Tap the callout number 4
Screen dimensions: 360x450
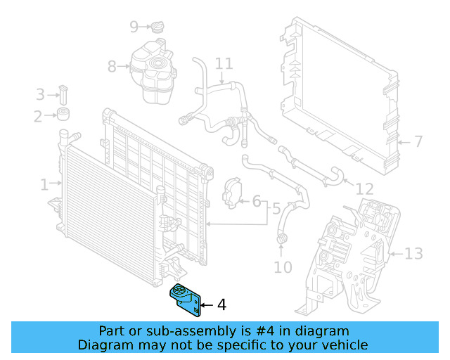point(221,305)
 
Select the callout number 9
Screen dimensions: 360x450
point(134,27)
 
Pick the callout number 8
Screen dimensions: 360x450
point(112,67)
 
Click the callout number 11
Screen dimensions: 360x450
point(224,65)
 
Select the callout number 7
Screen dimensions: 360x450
point(418,142)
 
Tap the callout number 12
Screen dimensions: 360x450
point(364,189)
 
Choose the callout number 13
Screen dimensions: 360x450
point(414,253)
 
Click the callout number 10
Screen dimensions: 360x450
point(282,268)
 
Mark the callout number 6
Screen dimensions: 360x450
point(257,202)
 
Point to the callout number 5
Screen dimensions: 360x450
point(276,209)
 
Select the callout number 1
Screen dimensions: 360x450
point(44,185)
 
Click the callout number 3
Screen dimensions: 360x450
point(40,94)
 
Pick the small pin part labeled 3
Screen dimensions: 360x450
point(63,93)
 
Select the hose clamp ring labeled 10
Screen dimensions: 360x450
point(282,243)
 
